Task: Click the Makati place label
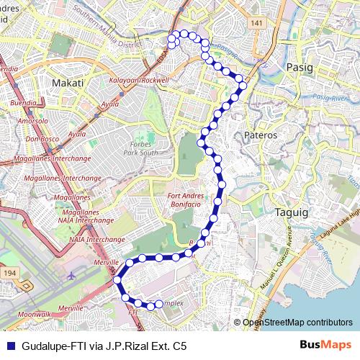click(68, 83)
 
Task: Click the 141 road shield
click(258, 24)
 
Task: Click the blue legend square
click(10, 346)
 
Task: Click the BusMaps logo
click(324, 346)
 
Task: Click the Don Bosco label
click(41, 138)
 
